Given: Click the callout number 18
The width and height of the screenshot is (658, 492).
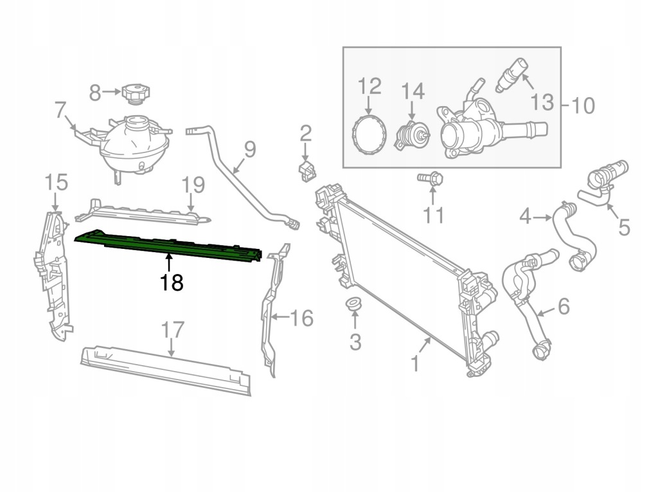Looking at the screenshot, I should [x=172, y=282].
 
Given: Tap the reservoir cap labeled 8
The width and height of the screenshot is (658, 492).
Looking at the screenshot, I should [x=135, y=93].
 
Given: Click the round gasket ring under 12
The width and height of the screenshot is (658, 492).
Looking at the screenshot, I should [x=370, y=135].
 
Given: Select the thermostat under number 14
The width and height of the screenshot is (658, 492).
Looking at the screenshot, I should [x=411, y=136].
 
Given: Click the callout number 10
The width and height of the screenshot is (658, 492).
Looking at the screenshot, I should [x=582, y=105].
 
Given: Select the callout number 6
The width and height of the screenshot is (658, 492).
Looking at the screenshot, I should [x=562, y=307].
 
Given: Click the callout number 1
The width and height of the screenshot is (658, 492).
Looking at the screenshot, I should [x=414, y=365].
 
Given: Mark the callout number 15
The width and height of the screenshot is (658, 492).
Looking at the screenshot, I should [x=57, y=182].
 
